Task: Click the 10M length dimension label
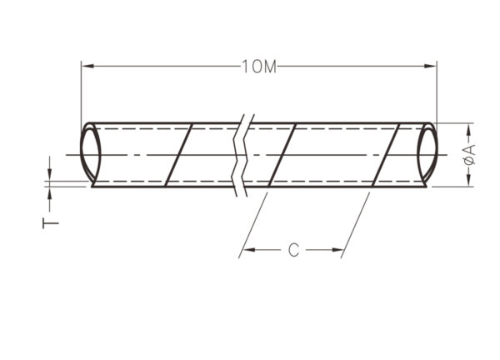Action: tap(259, 67)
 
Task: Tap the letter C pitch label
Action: tap(293, 250)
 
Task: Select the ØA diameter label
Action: tap(469, 155)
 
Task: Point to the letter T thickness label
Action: tap(50, 223)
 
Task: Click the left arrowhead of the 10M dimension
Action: tap(87, 66)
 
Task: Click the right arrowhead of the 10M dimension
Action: tap(430, 66)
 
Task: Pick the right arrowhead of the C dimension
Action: tap(337, 250)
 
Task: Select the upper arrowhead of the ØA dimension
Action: tap(469, 129)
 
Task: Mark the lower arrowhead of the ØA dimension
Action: tap(469, 180)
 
